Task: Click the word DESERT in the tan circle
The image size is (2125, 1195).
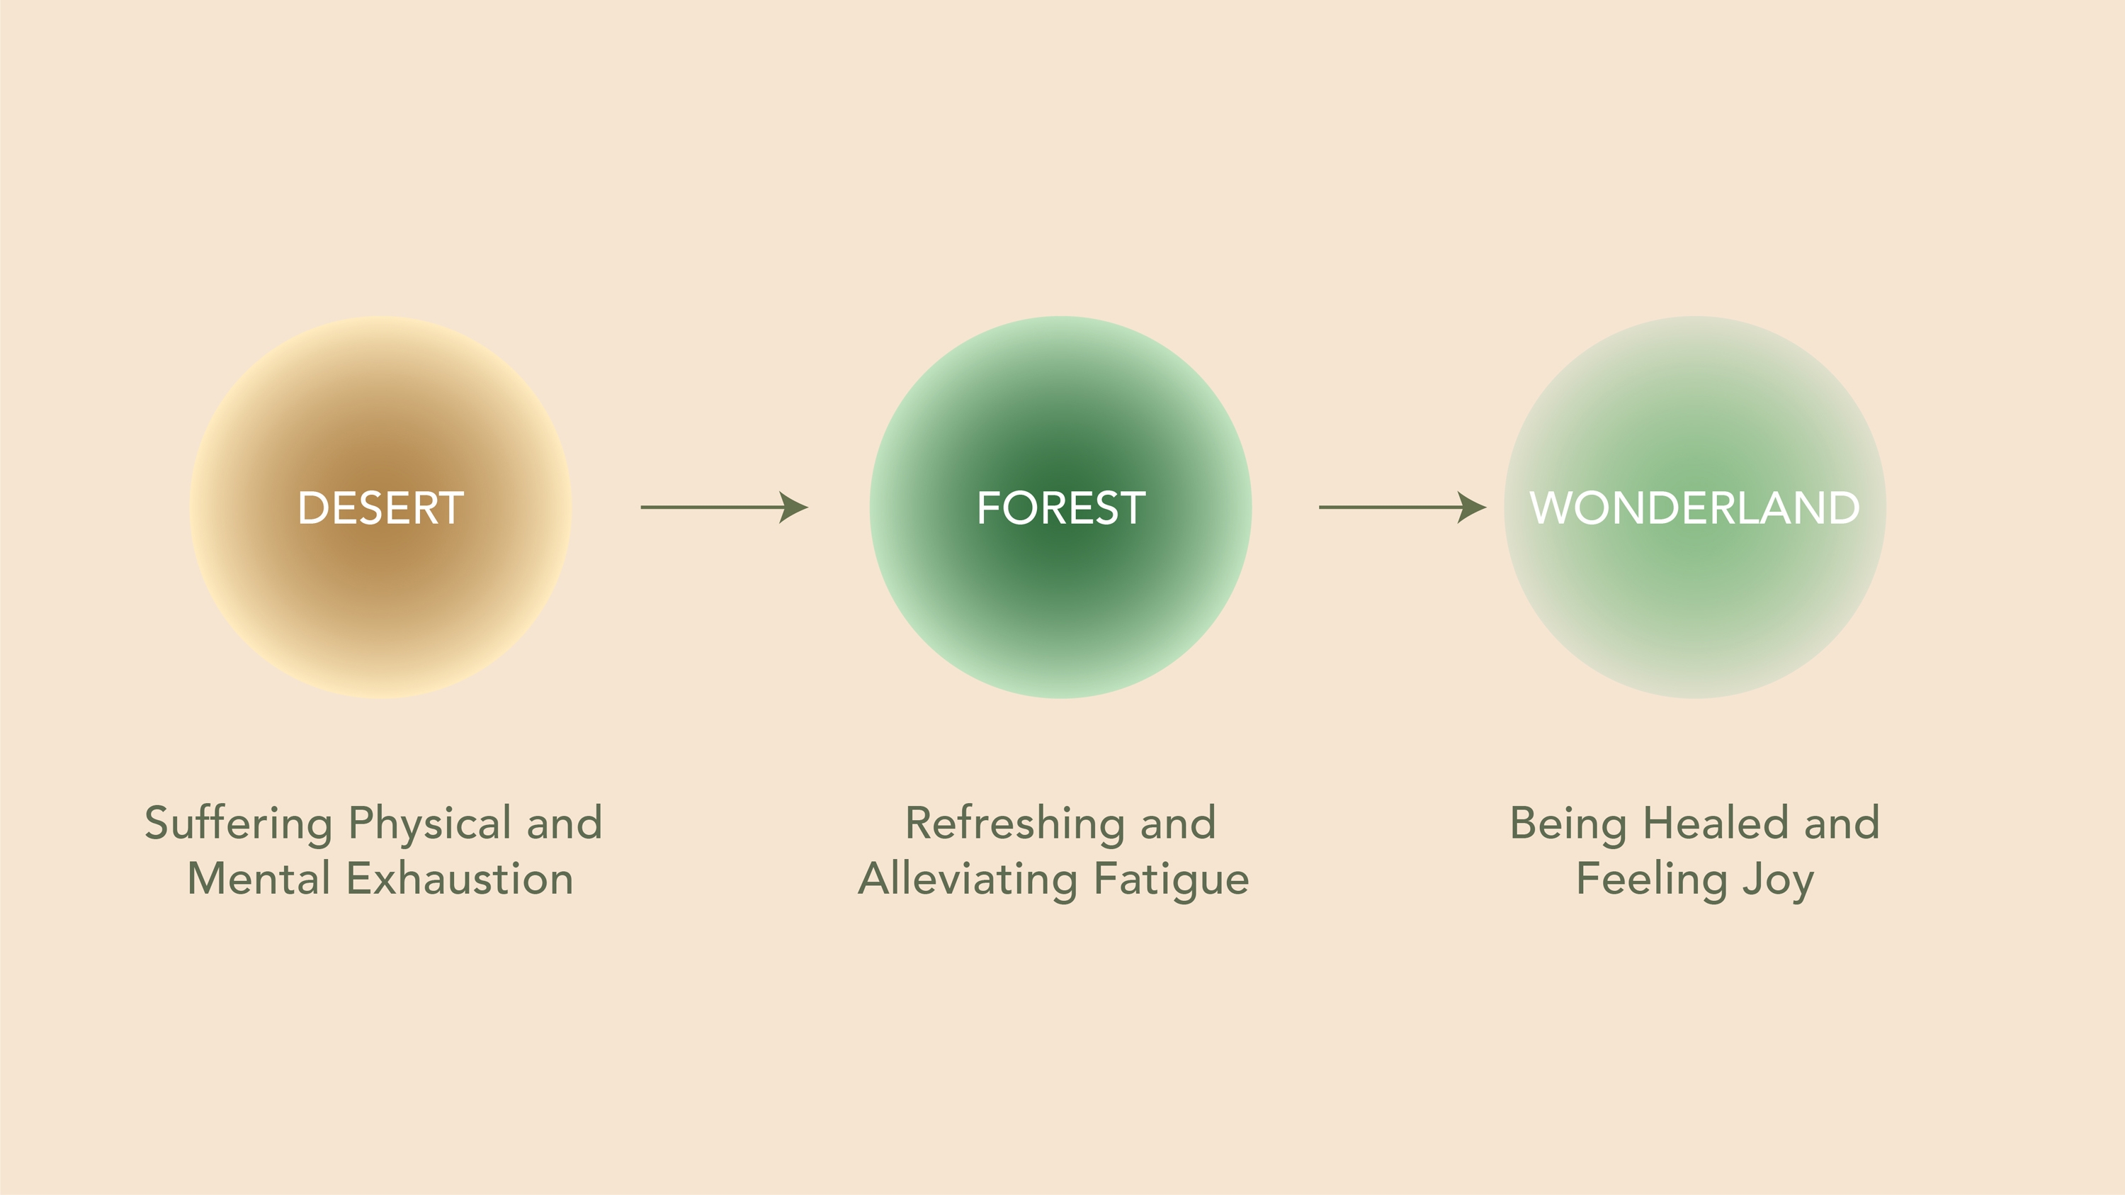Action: (380, 507)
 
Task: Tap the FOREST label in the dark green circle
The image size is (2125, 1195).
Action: (1061, 507)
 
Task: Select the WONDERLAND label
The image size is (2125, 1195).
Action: (1694, 507)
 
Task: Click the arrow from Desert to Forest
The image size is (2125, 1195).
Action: (725, 507)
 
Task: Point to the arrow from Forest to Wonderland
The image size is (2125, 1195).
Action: (1402, 507)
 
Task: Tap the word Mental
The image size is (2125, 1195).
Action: (259, 878)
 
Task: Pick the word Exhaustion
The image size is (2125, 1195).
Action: (460, 878)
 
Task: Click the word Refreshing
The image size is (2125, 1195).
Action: (1014, 824)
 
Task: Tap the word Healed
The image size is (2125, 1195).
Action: (1715, 823)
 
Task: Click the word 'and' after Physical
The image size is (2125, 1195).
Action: (565, 823)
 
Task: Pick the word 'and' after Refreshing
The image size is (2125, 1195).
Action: (1178, 823)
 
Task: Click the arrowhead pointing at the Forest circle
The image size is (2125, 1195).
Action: (793, 507)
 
